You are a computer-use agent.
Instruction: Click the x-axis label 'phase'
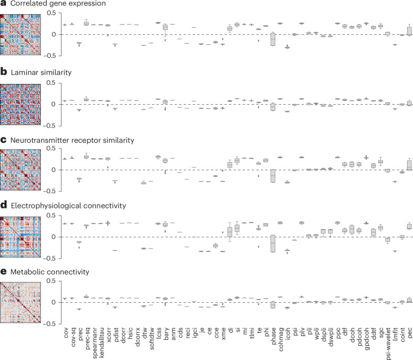[x=274, y=336]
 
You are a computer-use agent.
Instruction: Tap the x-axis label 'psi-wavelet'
[x=388, y=344]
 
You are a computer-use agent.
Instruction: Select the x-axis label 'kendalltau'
[x=102, y=343]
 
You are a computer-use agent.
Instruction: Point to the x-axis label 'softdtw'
[x=151, y=339]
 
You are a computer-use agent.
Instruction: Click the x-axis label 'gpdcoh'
[x=367, y=339]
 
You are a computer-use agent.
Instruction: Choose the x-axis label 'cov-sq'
[x=73, y=337]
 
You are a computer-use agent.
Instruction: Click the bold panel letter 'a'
[x=3, y=3]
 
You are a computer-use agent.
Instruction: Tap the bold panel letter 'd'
[x=4, y=205]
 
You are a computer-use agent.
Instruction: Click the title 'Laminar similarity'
[x=41, y=73]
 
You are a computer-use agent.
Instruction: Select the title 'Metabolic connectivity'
[x=50, y=272]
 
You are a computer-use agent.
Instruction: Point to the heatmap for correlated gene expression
[x=20, y=34]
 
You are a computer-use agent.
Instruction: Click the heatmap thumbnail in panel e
[x=20, y=303]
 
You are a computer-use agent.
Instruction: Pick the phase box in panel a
[x=273, y=39]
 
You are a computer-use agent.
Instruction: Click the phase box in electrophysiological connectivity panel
[x=273, y=244]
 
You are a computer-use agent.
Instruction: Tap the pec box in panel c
[x=409, y=165]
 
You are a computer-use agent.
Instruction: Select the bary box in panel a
[x=165, y=27]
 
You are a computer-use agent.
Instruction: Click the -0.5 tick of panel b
[x=52, y=126]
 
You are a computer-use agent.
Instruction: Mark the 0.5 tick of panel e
[x=51, y=281]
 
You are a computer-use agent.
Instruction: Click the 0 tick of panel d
[x=54, y=237]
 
